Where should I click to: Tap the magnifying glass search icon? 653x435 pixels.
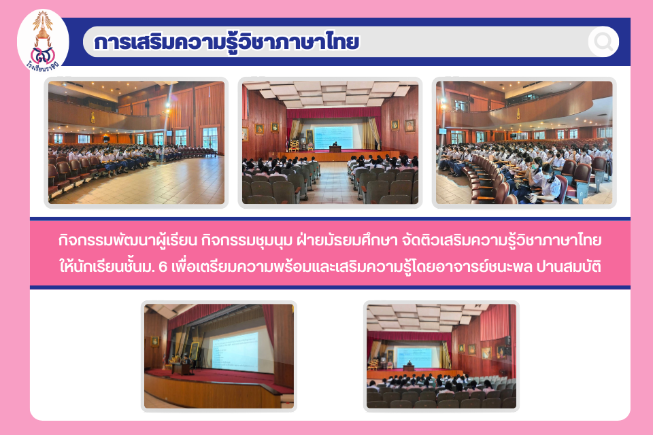coord(603,41)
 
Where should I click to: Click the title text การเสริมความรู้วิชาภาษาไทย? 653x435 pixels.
coord(227,43)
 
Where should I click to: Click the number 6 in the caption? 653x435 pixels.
coord(163,266)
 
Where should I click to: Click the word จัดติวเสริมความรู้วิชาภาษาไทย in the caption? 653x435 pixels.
coord(502,241)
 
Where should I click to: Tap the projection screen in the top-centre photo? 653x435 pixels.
coord(333,137)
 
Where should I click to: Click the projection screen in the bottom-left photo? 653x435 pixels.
coord(235,352)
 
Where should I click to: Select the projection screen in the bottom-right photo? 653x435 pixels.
coord(414,358)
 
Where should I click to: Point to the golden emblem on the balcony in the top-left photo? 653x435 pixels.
coord(93,118)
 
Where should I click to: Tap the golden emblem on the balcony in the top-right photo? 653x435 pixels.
coord(518,114)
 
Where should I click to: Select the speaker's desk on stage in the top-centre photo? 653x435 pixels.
coord(335,149)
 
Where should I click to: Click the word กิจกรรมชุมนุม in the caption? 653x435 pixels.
coord(246,241)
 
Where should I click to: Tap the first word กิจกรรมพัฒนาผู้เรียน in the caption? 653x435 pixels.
coord(127,241)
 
